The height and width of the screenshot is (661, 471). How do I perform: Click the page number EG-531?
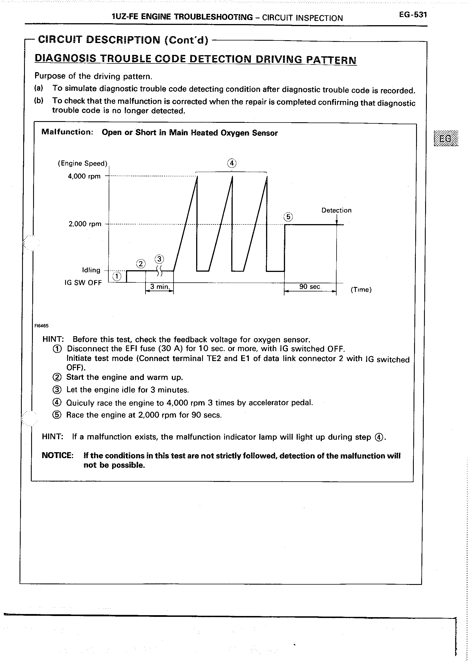(412, 15)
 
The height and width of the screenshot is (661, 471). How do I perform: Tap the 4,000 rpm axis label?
(84, 176)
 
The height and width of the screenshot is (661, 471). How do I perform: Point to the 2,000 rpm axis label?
(85, 224)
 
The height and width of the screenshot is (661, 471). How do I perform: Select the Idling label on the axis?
(91, 270)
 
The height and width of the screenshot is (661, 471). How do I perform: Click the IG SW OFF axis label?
(83, 283)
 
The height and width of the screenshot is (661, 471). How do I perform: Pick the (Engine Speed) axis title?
(82, 164)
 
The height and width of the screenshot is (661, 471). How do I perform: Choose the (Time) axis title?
(361, 290)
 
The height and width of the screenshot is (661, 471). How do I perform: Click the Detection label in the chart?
(336, 210)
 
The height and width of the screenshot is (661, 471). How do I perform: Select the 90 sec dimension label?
(310, 287)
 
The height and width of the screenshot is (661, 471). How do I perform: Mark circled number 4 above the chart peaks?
(232, 164)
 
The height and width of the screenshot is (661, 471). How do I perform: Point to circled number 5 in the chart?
(288, 217)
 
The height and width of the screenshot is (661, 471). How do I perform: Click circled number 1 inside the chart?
(117, 276)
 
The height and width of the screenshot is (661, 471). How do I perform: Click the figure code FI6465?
(42, 326)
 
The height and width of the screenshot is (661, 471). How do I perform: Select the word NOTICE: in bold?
(58, 456)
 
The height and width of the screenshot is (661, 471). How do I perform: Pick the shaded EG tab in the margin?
(446, 139)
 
